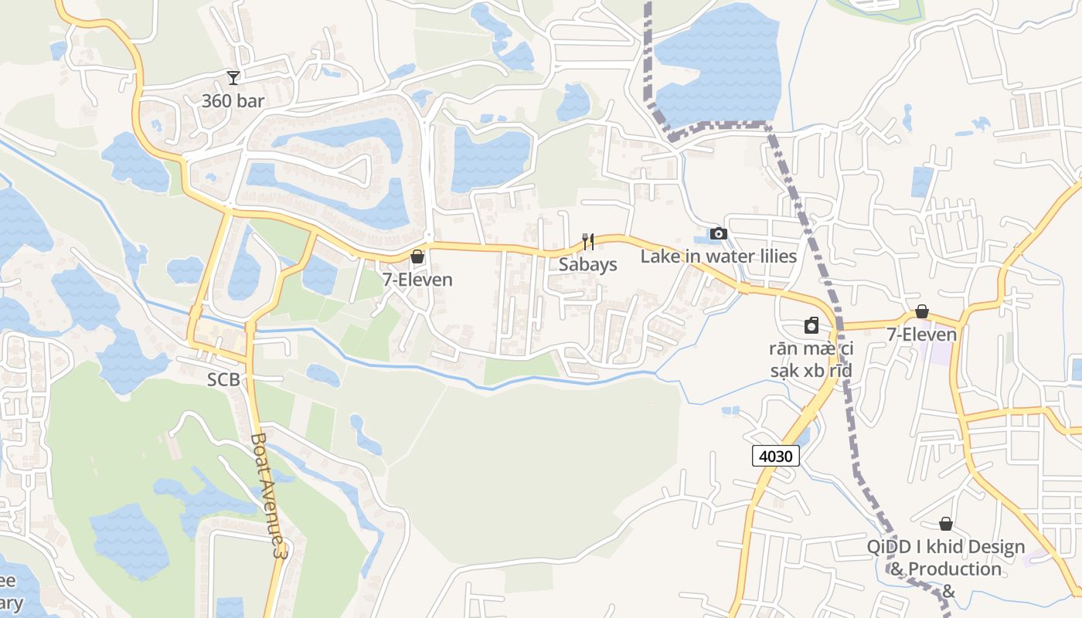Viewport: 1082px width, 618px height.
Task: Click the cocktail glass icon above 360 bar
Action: [x=233, y=77]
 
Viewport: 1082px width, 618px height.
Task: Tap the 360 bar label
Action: [x=233, y=100]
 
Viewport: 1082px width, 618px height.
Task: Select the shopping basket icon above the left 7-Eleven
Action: [x=417, y=256]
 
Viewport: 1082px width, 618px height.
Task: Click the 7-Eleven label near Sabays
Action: [x=417, y=280]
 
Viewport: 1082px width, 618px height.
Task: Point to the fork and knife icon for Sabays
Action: [x=588, y=242]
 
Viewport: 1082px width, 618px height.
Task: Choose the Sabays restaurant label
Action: [x=588, y=264]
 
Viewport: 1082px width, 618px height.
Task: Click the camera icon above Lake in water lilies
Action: [x=718, y=233]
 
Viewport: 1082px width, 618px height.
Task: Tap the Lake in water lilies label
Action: [x=718, y=256]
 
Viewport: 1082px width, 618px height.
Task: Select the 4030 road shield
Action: [x=775, y=456]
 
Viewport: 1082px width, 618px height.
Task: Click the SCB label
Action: [x=223, y=380]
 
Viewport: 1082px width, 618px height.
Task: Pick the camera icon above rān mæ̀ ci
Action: [x=811, y=325]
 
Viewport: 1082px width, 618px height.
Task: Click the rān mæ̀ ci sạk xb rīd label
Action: [x=811, y=359]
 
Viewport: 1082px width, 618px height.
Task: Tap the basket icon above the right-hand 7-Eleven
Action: [x=921, y=311]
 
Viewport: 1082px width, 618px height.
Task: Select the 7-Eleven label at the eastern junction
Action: [x=921, y=334]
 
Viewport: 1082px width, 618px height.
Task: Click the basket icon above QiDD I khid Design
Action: [x=945, y=524]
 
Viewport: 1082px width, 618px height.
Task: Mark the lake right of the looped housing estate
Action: [x=491, y=158]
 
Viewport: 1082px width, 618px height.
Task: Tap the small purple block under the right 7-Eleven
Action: [x=940, y=353]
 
